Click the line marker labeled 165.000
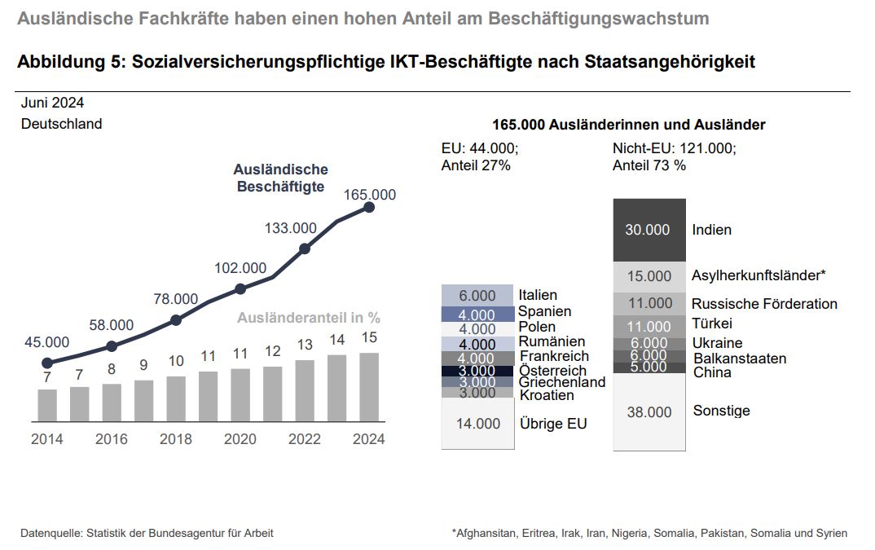click(x=369, y=207)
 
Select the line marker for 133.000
click(x=305, y=249)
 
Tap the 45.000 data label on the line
click(x=46, y=341)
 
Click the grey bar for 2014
click(x=47, y=405)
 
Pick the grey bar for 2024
click(x=369, y=387)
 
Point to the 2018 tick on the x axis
click(x=176, y=439)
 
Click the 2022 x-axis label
click(x=305, y=439)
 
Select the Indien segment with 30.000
click(x=649, y=230)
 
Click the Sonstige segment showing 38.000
click(x=649, y=411)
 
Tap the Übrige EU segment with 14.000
click(x=477, y=424)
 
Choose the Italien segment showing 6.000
click(x=477, y=295)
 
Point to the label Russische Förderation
click(x=764, y=304)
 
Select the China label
click(x=712, y=373)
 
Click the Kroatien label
click(x=547, y=395)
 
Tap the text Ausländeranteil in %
click(x=309, y=318)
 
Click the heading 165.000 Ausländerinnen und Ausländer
click(x=629, y=125)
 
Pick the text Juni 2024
click(x=52, y=103)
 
